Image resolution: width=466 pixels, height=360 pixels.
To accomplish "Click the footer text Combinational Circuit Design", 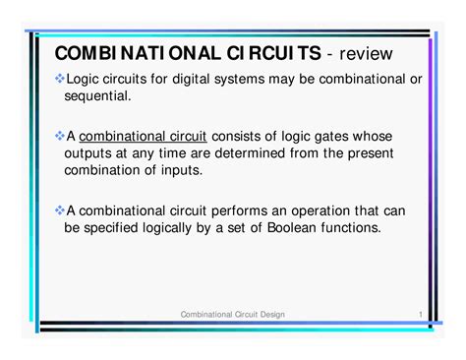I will [x=233, y=313].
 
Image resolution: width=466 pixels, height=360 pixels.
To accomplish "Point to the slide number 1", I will [x=420, y=313].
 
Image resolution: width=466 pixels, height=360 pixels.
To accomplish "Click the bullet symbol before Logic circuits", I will [x=59, y=78].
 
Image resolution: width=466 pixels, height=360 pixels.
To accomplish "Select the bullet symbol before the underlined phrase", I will [x=59, y=135].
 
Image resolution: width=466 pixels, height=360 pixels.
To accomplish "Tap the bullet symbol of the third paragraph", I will [x=59, y=209].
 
